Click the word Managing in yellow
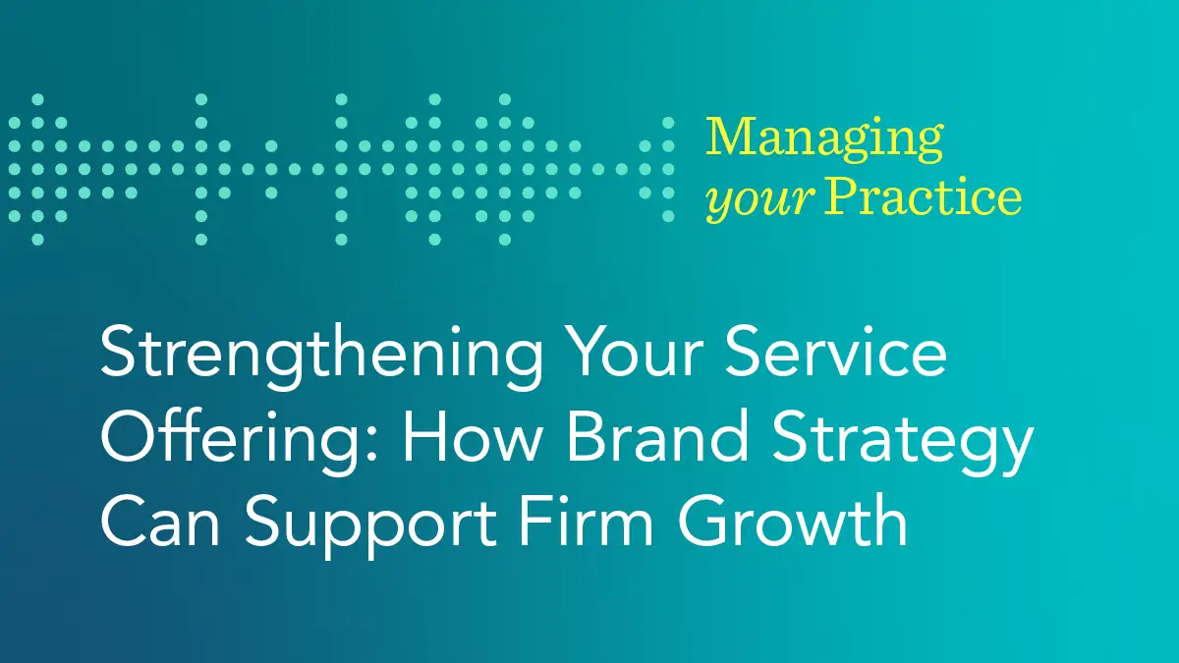(823, 140)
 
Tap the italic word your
(759, 200)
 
